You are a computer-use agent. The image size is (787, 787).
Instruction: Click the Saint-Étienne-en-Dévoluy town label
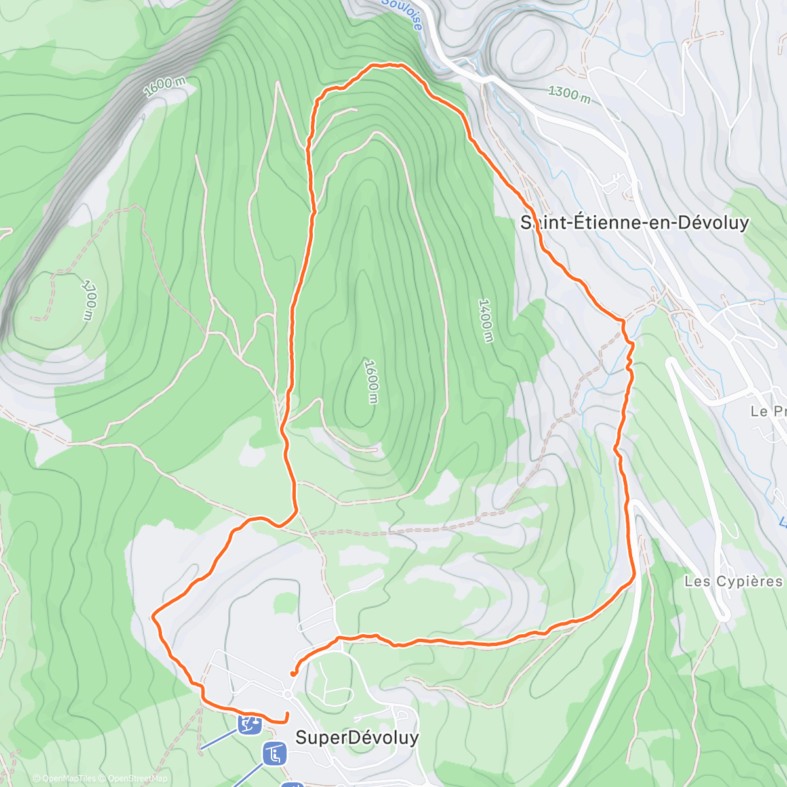click(x=634, y=223)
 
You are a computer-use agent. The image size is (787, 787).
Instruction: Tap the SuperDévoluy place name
click(x=357, y=737)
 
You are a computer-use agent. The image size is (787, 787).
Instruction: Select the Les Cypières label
click(x=733, y=581)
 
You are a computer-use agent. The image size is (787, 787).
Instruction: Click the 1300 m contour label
click(x=569, y=94)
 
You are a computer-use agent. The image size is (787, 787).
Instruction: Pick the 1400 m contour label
click(x=485, y=320)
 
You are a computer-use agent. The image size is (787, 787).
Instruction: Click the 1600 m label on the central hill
click(x=371, y=381)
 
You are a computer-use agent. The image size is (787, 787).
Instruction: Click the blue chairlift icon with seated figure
click(x=274, y=753)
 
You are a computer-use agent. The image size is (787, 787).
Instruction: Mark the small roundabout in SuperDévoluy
click(x=287, y=694)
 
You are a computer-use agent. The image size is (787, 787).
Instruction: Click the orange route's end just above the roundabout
click(x=292, y=673)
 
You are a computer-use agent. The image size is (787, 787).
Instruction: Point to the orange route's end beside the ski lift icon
click(x=287, y=714)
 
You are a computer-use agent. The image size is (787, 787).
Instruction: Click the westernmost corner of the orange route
click(x=153, y=616)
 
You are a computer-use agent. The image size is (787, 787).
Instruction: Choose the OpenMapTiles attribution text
click(x=68, y=778)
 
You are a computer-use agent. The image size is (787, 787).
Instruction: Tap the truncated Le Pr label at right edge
click(x=769, y=411)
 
